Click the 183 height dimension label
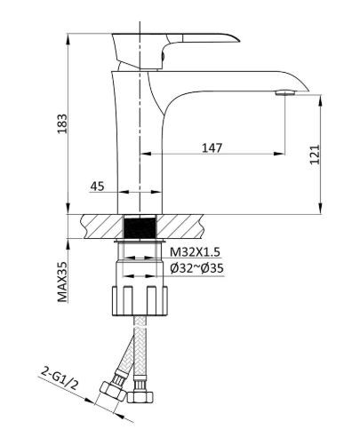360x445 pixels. coord(62,123)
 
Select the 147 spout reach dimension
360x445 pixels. coord(212,147)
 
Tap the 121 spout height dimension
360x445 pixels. coord(315,155)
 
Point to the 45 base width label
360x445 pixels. coord(98,187)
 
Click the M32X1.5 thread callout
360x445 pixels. coord(196,252)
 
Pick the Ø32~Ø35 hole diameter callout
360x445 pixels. coord(196,268)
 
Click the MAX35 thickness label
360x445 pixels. coord(62,282)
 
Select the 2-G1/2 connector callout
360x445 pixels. coord(59,378)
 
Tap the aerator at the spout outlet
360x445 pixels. coord(285,92)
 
